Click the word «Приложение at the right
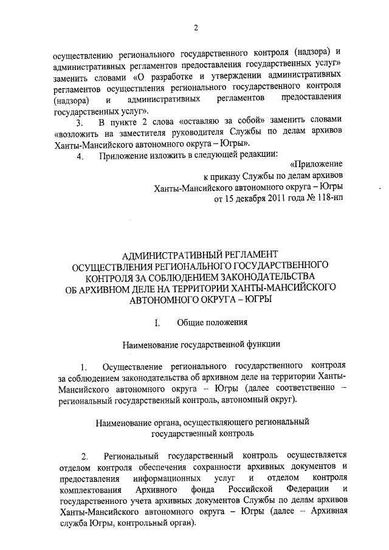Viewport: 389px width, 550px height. coord(316,164)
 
